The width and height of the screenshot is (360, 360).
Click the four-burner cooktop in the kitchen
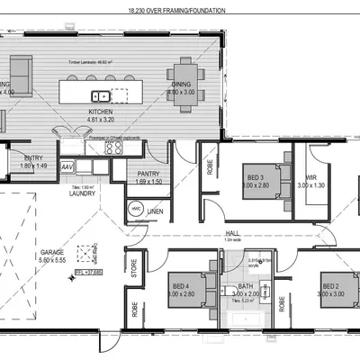pos(114,149)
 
